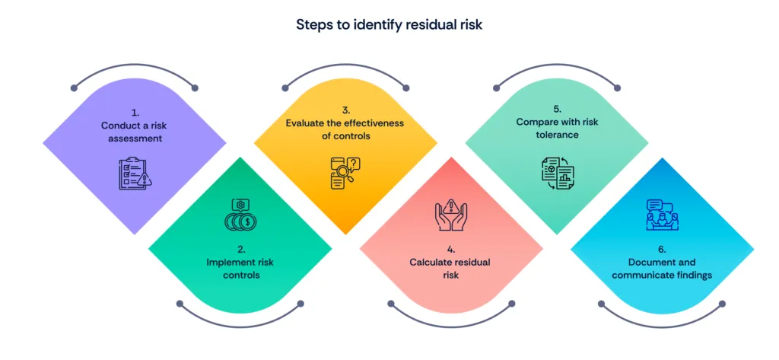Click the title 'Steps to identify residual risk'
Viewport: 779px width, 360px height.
tap(389, 24)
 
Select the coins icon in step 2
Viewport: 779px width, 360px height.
tap(240, 214)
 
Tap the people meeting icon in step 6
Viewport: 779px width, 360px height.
tap(662, 215)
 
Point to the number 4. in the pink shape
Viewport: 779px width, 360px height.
tap(451, 250)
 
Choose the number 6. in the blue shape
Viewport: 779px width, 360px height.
tap(662, 250)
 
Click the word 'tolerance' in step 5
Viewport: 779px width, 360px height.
tap(558, 134)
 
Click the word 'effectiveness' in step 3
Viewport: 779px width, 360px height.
tap(374, 123)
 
